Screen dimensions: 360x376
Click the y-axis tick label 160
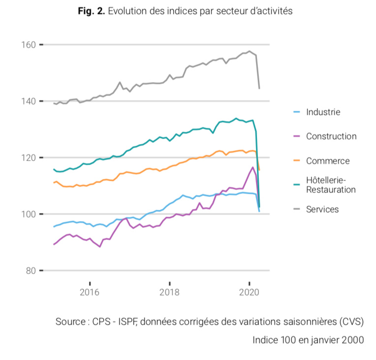pyautogui.click(x=29, y=45)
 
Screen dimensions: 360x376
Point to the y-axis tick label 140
pyautogui.click(x=29, y=101)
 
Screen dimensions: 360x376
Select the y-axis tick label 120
pyautogui.click(x=29, y=158)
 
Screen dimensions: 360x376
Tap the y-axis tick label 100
pyautogui.click(x=29, y=214)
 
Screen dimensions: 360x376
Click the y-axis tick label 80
pyautogui.click(x=31, y=271)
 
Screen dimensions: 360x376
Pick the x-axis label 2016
pyautogui.click(x=90, y=292)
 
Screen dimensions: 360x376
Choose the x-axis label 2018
pyautogui.click(x=169, y=292)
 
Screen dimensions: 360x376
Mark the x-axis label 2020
pyautogui.click(x=249, y=292)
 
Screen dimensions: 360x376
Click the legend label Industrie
pyautogui.click(x=323, y=112)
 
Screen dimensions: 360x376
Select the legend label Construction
pyautogui.click(x=331, y=136)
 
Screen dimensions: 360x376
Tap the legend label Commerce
pyautogui.click(x=327, y=161)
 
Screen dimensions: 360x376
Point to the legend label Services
pyautogui.click(x=322, y=209)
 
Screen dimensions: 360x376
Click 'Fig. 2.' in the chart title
pyautogui.click(x=91, y=11)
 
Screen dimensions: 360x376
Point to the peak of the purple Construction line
pyautogui.click(x=253, y=167)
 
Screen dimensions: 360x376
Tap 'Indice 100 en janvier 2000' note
pyautogui.click(x=308, y=340)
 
